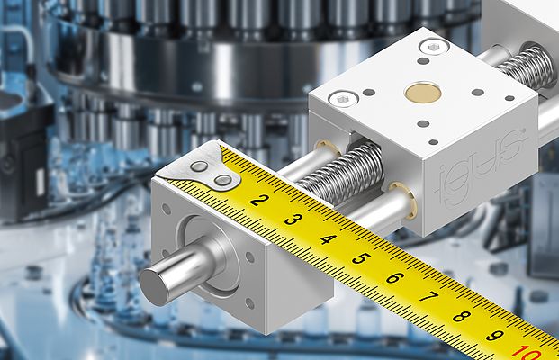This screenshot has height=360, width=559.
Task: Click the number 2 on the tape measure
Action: coord(257,200)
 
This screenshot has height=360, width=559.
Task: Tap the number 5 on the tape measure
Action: coord(361,258)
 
